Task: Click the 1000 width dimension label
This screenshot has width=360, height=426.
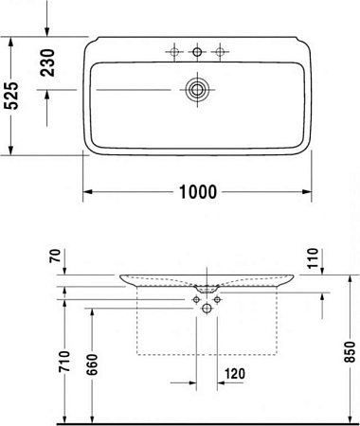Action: tap(198, 191)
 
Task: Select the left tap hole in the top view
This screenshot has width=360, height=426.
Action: tap(174, 50)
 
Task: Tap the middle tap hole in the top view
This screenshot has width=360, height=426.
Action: tap(198, 50)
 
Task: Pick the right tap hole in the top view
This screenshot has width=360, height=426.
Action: tap(222, 50)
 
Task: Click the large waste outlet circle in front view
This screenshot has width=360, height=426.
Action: tap(207, 307)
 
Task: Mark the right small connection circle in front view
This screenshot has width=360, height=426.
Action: tap(218, 299)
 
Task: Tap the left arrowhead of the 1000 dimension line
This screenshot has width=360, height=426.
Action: tap(87, 191)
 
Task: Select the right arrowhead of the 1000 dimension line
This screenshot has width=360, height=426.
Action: tap(309, 191)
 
